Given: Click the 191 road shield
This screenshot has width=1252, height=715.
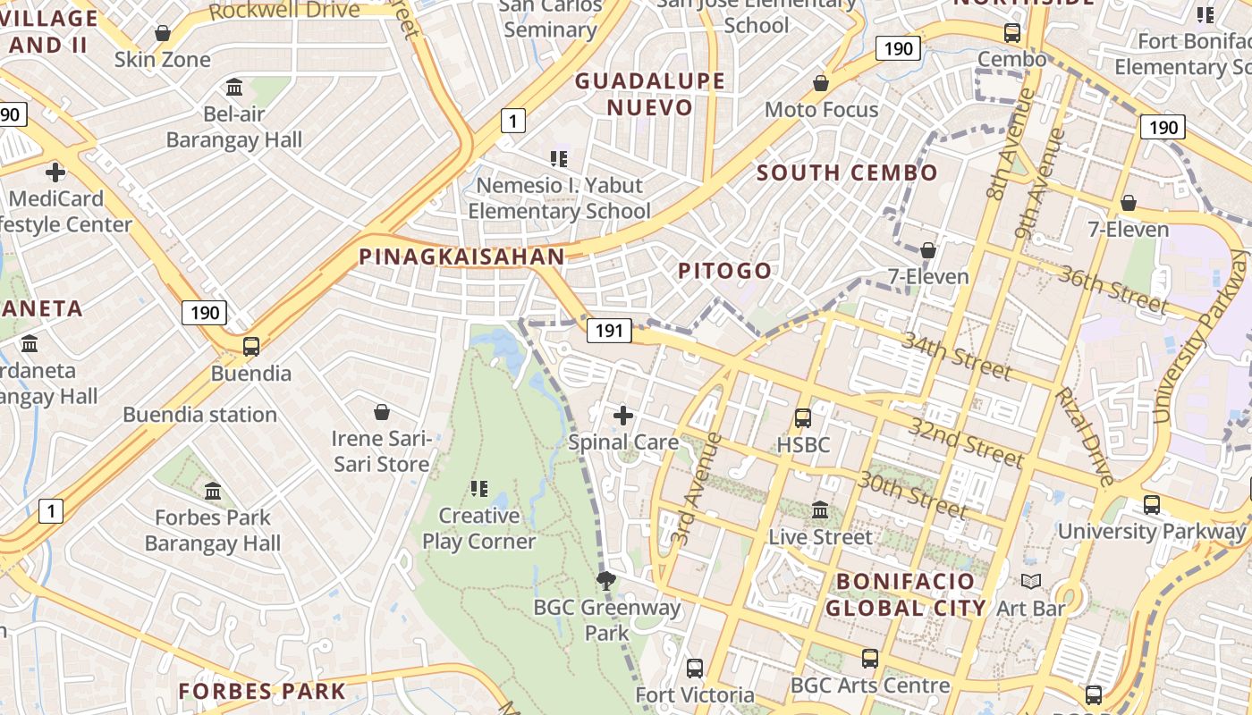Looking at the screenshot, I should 609,331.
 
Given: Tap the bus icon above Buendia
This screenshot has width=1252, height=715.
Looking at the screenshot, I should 251,346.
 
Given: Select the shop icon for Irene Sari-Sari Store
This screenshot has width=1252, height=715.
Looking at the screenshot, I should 382,412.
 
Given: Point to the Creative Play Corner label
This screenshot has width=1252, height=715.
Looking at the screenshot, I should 478,528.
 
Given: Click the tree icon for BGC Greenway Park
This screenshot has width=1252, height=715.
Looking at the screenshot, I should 606,581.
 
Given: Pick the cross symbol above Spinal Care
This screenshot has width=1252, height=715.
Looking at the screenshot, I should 623,416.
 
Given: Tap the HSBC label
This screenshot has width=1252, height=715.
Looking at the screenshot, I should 803,444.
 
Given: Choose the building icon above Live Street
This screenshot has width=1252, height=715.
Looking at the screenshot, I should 820,510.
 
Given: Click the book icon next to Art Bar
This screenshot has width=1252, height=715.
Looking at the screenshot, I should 1031,582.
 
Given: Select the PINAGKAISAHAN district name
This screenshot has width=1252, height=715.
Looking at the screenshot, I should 461,257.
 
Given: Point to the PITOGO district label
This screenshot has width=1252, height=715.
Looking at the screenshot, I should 724,271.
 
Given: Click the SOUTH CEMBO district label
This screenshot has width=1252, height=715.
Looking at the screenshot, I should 847,172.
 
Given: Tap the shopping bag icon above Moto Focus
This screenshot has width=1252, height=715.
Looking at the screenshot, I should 821,83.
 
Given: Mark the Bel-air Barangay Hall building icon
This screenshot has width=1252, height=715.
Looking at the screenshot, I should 234,87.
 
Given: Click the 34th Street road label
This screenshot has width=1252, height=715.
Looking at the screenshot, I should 956,355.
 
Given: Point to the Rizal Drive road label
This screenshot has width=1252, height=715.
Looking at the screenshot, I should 1084,437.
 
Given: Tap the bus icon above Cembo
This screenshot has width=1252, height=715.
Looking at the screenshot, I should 1012,33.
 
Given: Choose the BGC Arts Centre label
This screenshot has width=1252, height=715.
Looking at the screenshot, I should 870,686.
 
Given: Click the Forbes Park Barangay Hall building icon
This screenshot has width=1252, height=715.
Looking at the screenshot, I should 213,491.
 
